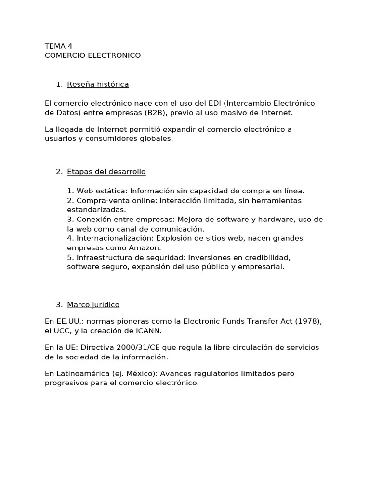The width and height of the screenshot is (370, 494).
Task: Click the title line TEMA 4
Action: pyautogui.click(x=58, y=46)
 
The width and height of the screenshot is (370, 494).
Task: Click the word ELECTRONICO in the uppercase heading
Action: pyautogui.click(x=116, y=55)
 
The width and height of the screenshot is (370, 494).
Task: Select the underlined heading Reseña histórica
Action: pyautogui.click(x=98, y=84)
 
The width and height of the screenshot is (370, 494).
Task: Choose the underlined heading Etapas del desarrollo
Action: pyautogui.click(x=106, y=172)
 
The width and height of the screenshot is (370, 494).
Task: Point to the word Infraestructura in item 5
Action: pyautogui.click(x=104, y=257)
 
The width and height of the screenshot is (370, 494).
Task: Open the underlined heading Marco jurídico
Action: pyautogui.click(x=93, y=305)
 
